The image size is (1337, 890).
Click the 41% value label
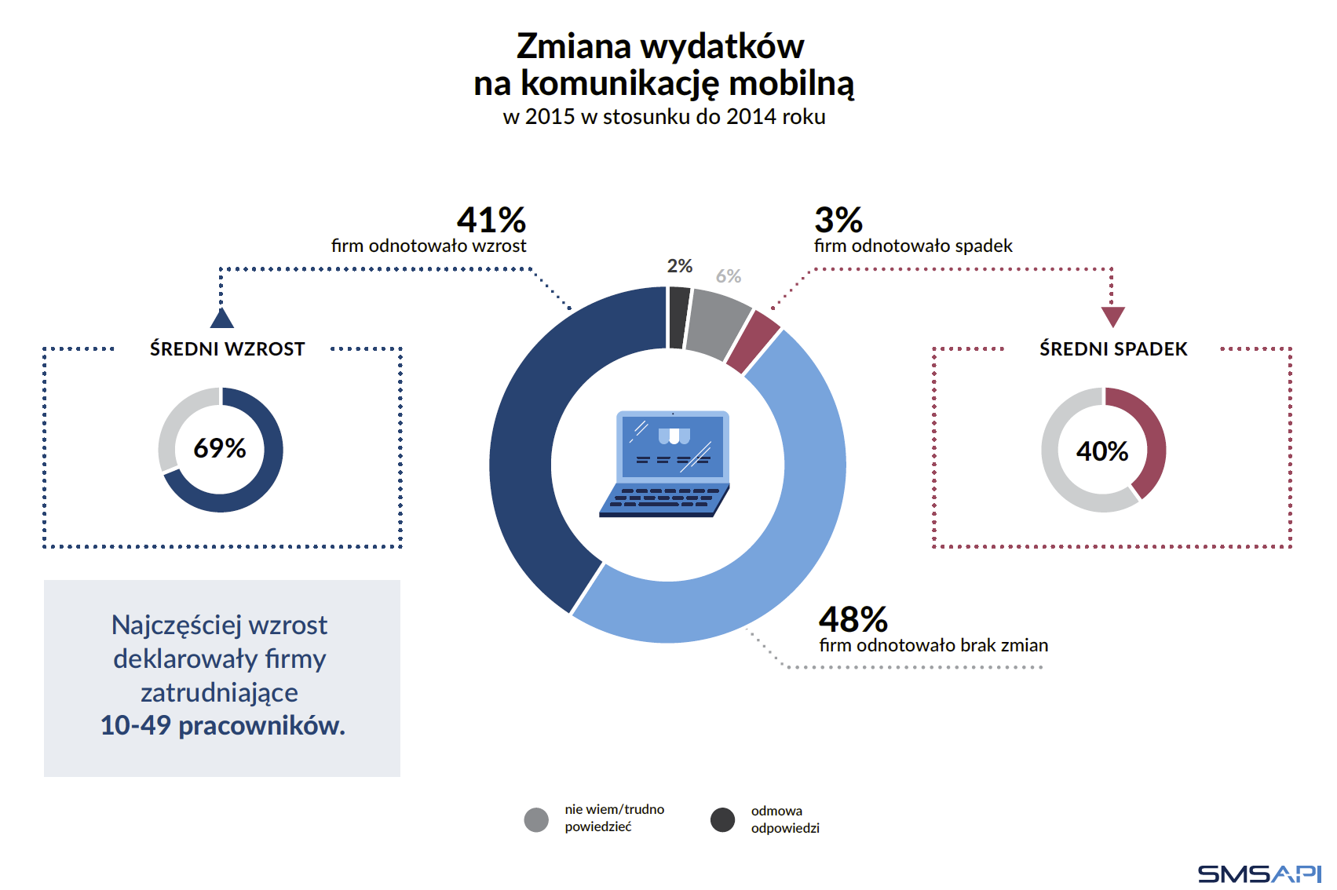click(x=491, y=221)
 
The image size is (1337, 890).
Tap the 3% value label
click(x=838, y=221)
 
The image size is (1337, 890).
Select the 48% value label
click(x=853, y=620)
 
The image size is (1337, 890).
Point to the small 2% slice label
click(x=680, y=267)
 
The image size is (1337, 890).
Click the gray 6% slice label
click(x=729, y=276)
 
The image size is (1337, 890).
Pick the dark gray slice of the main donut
click(x=679, y=317)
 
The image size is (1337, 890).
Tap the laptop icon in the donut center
click(x=666, y=464)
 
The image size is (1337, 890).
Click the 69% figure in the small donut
click(x=220, y=449)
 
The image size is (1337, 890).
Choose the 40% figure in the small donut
click(x=1102, y=451)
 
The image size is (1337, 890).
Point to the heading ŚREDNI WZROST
click(x=227, y=349)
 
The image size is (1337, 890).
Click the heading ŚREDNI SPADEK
click(x=1113, y=349)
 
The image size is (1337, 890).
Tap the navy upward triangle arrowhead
click(x=222, y=319)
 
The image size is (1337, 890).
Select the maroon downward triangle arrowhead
click(x=1112, y=316)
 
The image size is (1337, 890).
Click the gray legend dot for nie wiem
click(x=536, y=820)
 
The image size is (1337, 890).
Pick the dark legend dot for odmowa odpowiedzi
click(x=722, y=820)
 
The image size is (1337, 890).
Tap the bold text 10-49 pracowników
click(x=223, y=726)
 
